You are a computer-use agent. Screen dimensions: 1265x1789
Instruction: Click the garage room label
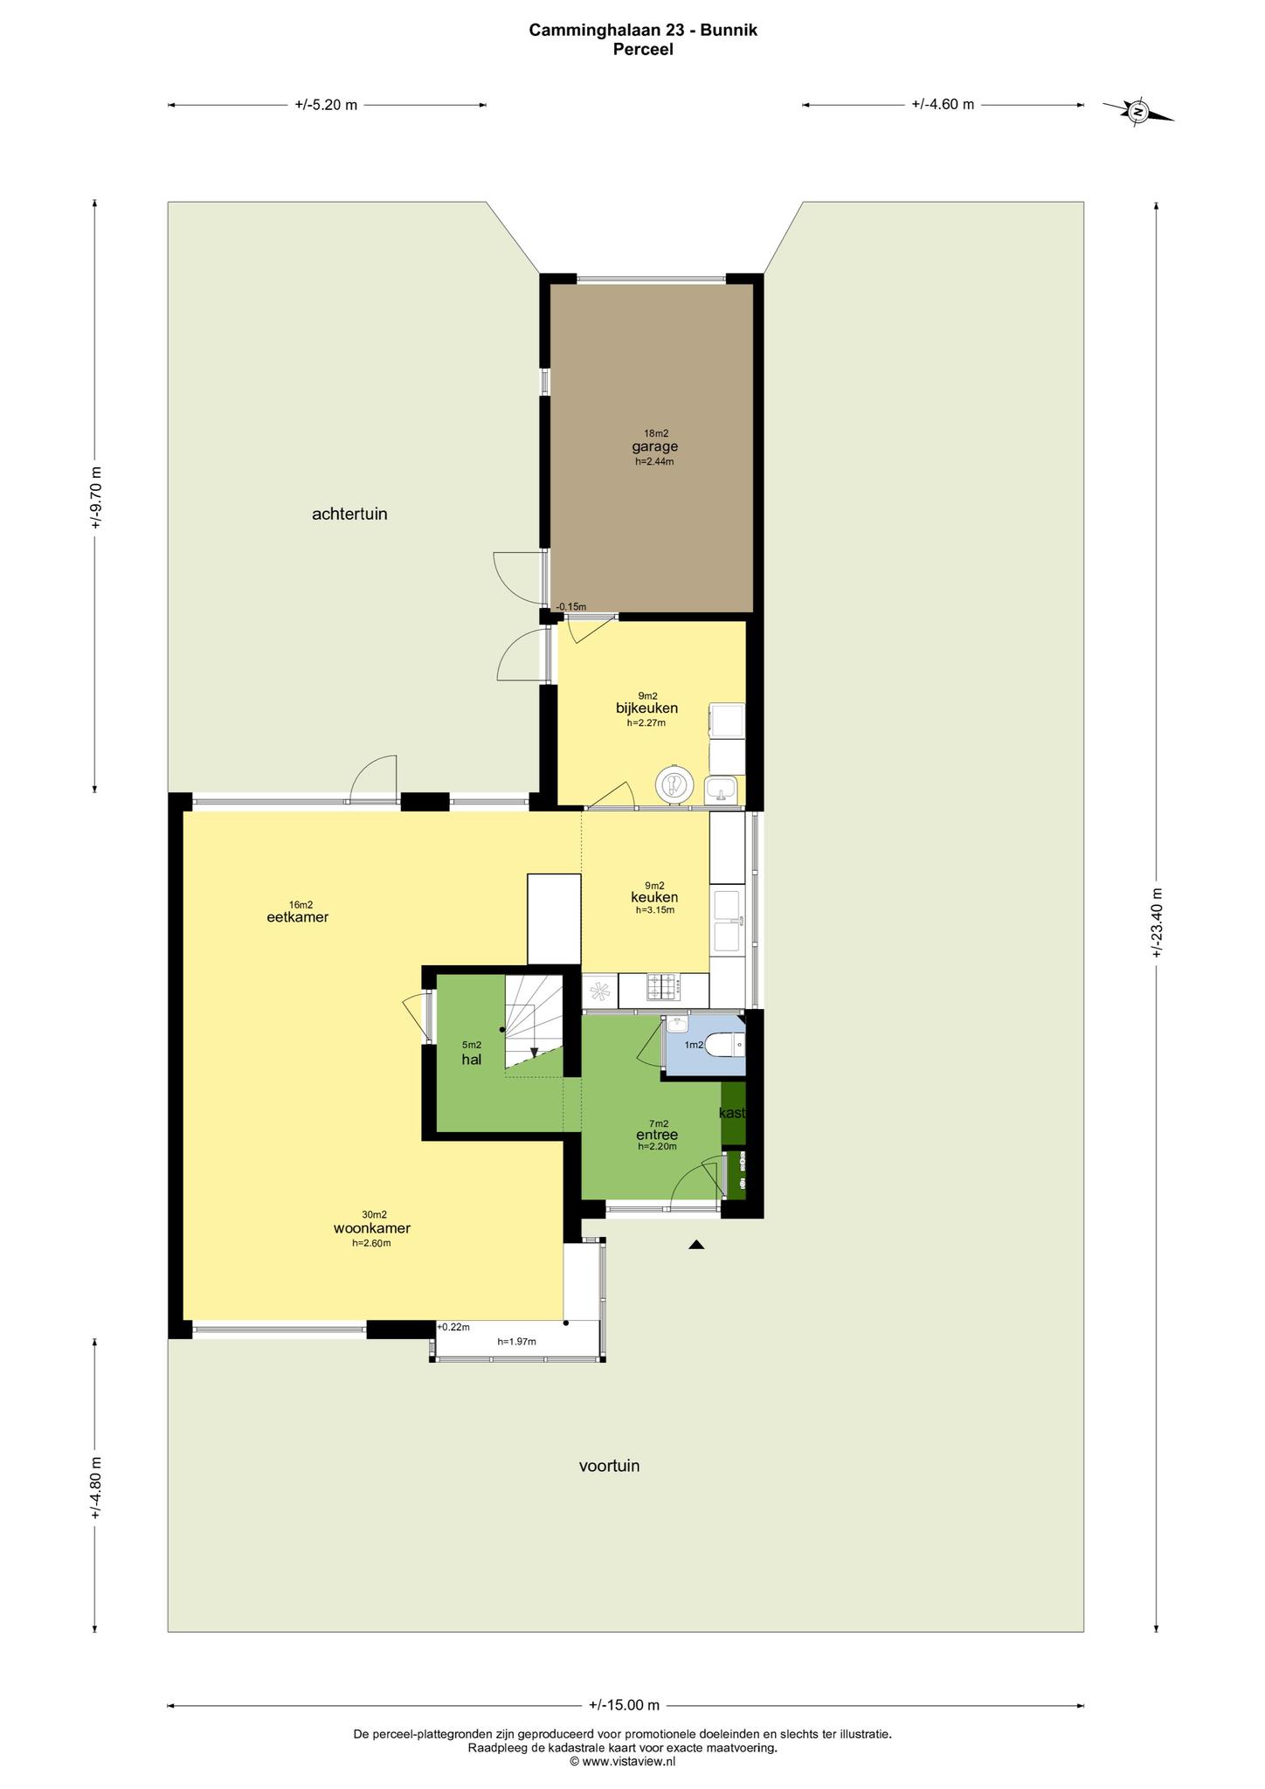click(655, 447)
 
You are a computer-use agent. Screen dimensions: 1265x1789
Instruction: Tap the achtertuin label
click(349, 515)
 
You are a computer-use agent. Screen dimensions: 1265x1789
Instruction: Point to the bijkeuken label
click(646, 708)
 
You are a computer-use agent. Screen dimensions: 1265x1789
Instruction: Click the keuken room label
click(654, 897)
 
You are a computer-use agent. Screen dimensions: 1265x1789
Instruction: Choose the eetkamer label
click(297, 917)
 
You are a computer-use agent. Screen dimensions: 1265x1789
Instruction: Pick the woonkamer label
click(372, 1228)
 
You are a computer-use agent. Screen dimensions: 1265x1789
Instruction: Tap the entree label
click(657, 1135)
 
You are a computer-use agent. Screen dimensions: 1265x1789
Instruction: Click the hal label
click(472, 1060)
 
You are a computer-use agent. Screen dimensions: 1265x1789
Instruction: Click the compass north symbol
click(1137, 112)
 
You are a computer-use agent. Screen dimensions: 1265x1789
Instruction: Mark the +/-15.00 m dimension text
click(624, 1704)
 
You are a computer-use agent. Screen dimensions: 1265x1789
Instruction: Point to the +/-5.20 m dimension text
click(326, 105)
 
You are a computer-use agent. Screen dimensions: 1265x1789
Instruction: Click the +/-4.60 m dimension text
click(943, 104)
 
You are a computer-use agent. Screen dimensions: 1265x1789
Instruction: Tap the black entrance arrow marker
click(695, 1245)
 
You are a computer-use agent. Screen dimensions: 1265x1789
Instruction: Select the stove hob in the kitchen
click(664, 988)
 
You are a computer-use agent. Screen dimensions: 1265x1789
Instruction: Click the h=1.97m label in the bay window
click(516, 1342)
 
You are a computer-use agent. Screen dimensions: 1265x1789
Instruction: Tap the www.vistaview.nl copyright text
click(623, 1762)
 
